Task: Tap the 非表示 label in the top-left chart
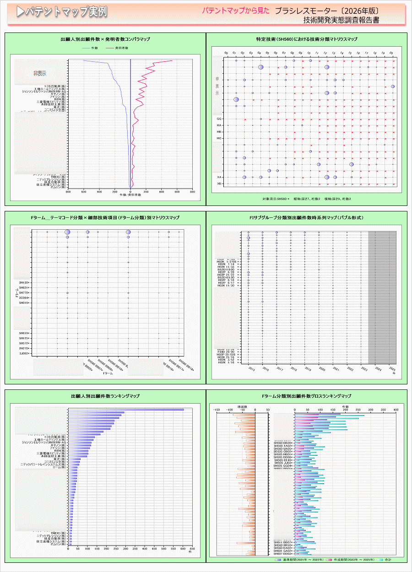pos(40,73)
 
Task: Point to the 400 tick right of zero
pos(162,192)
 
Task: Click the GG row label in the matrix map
pos(219,119)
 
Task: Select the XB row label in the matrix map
pos(219,183)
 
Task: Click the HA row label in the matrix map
pos(219,125)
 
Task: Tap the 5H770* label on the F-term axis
pos(24,293)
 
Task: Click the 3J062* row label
pos(24,353)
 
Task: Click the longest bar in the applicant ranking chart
pos(126,410)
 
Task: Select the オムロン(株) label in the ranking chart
pos(58,545)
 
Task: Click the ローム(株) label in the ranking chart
pos(58,467)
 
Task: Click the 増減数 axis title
pos(243,406)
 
